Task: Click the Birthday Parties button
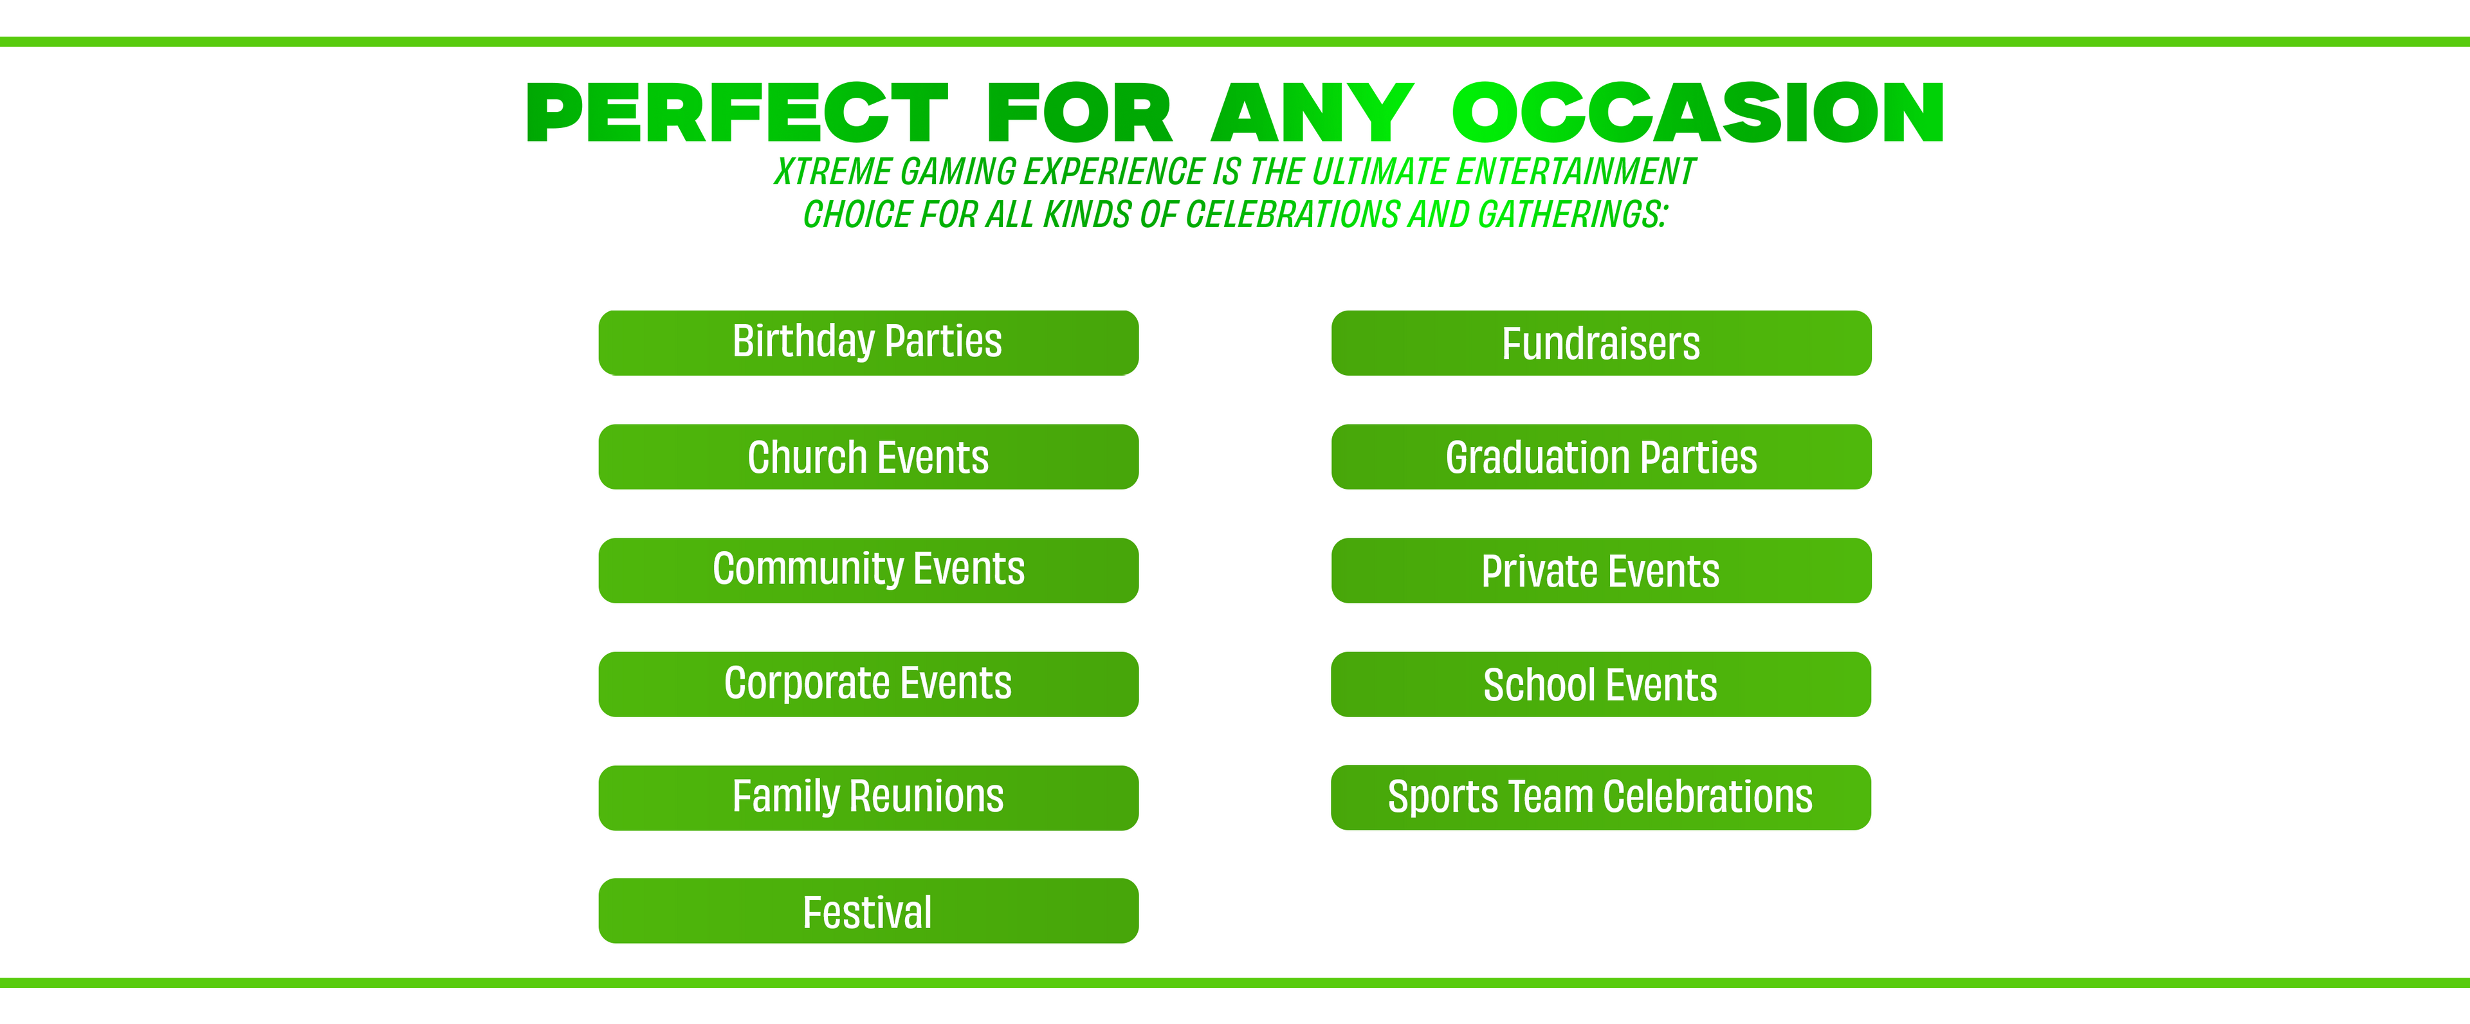pos(868,342)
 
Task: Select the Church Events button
pos(868,457)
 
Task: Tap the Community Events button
pos(868,571)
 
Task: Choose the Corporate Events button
pos(868,684)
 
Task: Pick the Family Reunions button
pos(868,798)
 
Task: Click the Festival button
pos(868,911)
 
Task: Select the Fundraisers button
pos(1601,342)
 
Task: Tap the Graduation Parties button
pos(1601,457)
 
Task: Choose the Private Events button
pos(1601,571)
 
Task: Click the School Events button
pos(1601,684)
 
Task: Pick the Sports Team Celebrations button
pos(1601,797)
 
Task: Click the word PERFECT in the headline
pos(737,113)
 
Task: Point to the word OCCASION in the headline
pos(1698,113)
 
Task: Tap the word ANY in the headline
pos(1312,113)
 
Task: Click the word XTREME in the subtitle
pos(833,172)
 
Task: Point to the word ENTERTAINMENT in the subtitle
pos(1575,172)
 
